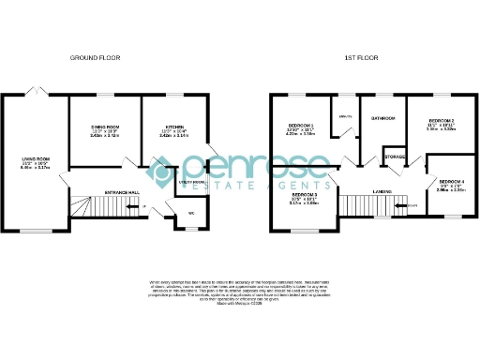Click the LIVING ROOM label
(x=36, y=160)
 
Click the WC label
(x=191, y=213)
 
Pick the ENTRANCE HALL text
(x=122, y=192)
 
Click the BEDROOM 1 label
(x=302, y=126)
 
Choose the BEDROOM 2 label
(x=441, y=121)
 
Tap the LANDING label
(x=381, y=191)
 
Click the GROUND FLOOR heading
(x=96, y=58)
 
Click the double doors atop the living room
(x=37, y=91)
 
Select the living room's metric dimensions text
(x=36, y=171)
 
